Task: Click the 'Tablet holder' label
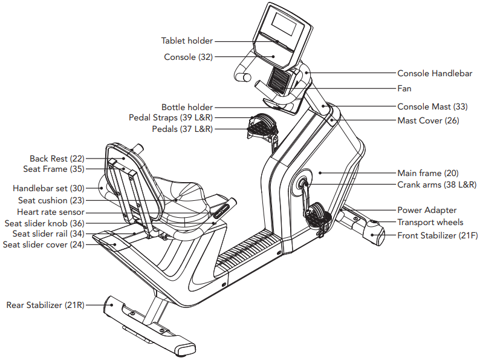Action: tap(187, 41)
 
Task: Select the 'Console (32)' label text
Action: tap(189, 57)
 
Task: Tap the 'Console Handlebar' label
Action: tap(435, 73)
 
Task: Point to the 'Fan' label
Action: tap(404, 89)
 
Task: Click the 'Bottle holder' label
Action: tap(187, 107)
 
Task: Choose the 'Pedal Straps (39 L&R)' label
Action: tap(170, 117)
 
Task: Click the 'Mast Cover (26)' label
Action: tap(428, 120)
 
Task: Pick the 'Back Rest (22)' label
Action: tap(57, 159)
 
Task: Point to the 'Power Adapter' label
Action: tap(427, 211)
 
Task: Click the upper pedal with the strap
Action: tap(259, 125)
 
